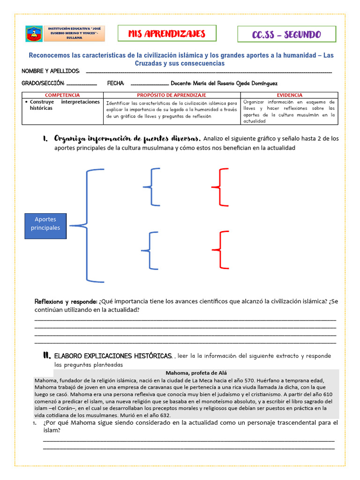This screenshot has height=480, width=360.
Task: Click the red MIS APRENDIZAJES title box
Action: point(167,34)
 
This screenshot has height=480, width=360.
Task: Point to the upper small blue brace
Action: point(151,187)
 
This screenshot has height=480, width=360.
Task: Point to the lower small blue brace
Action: point(151,251)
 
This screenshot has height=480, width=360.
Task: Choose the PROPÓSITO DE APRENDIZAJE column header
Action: point(172,95)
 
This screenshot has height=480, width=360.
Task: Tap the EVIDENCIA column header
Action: point(289,95)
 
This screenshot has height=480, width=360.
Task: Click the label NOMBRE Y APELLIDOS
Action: point(51,71)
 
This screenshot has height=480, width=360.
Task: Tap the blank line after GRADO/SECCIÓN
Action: point(82,83)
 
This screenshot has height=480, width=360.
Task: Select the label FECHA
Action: point(116,83)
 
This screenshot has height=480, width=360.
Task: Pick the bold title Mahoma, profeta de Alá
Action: point(195,373)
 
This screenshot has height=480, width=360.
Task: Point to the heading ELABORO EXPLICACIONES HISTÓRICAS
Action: point(113,356)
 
